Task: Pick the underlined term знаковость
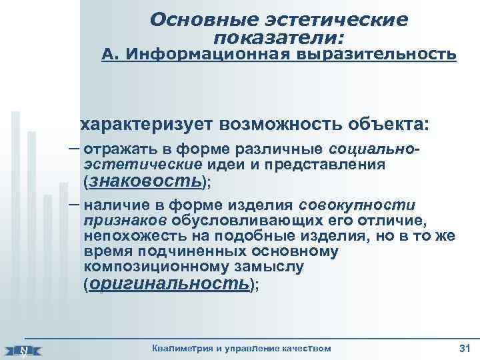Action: coord(145,181)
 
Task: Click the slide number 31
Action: coord(465,348)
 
